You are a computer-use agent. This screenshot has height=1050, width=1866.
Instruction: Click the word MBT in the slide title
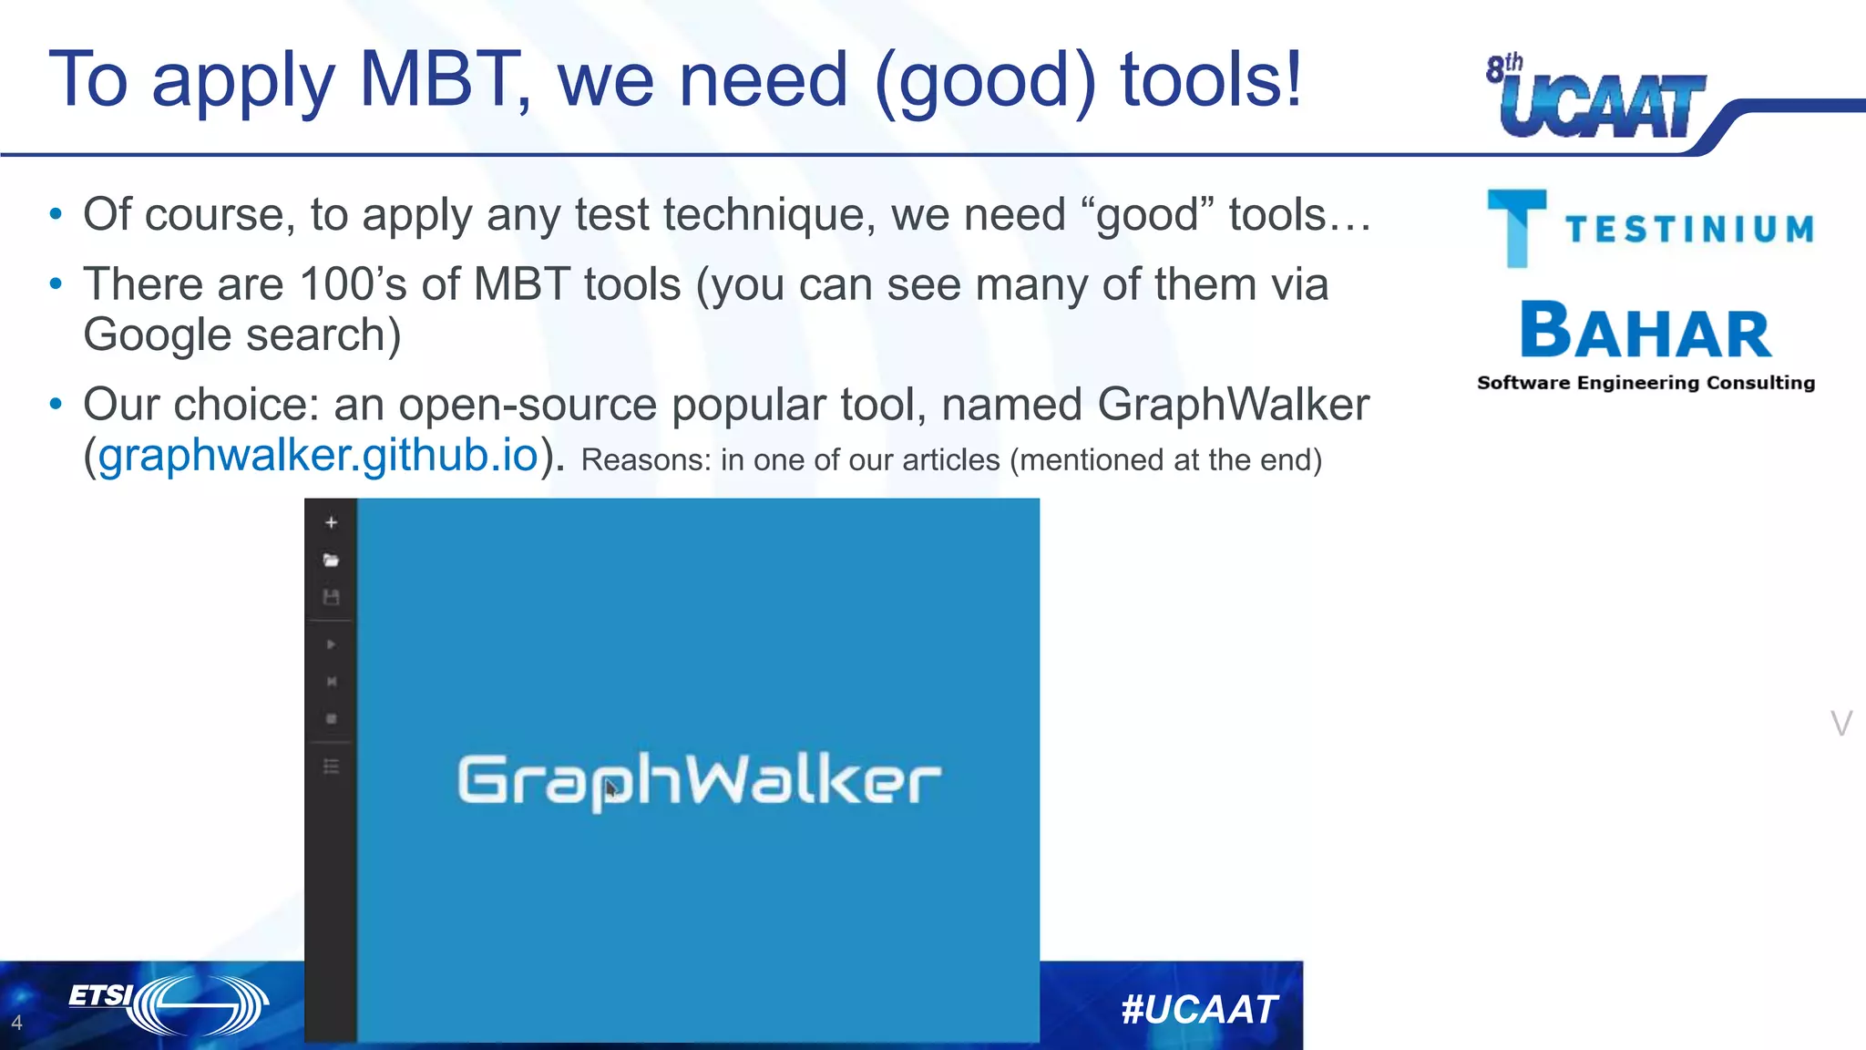(437, 80)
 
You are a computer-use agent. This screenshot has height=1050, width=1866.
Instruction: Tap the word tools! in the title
(1211, 80)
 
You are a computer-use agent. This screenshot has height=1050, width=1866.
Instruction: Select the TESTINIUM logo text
(1690, 230)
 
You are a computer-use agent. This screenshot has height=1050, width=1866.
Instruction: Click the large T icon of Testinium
(1517, 228)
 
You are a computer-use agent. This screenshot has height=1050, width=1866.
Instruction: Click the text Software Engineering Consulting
(1646, 383)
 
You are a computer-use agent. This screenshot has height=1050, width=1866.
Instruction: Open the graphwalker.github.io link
(318, 455)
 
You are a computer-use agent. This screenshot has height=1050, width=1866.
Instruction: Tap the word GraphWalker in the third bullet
(1233, 404)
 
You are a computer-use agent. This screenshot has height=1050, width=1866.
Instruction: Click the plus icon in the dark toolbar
(332, 522)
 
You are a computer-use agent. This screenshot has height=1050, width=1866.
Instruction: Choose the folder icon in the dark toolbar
(331, 560)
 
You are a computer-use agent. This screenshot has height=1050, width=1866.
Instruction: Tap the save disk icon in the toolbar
(331, 597)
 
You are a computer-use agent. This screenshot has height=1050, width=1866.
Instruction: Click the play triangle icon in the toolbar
(331, 644)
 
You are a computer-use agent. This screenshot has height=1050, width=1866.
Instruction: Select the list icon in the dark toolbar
(331, 766)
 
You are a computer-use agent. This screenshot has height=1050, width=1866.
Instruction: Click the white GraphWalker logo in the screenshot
(699, 780)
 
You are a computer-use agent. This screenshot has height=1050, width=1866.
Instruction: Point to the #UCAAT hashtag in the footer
(1199, 1009)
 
